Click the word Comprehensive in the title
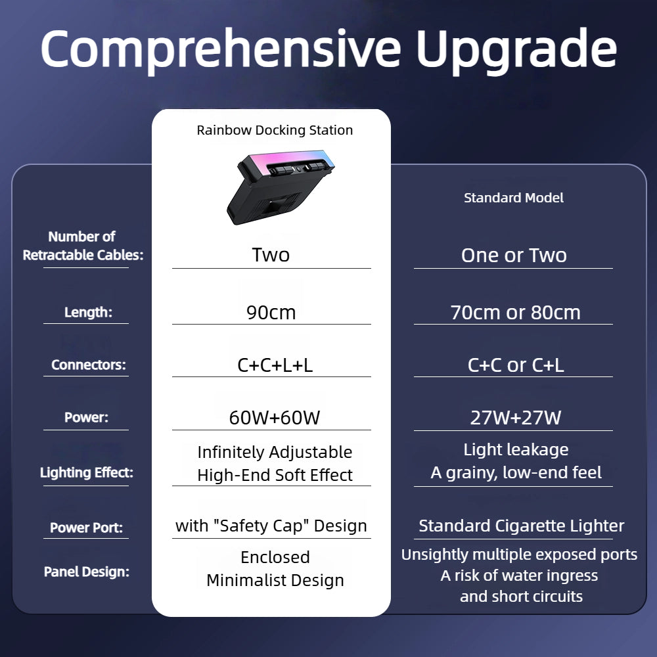point(220,49)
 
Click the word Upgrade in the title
point(517,49)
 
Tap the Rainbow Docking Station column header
point(275,130)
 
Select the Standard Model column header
point(514,198)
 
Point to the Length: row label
point(88,313)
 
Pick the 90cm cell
point(271,313)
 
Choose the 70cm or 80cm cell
point(515,313)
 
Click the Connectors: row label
point(88,365)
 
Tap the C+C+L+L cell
point(275,365)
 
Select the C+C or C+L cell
point(515,365)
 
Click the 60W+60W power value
point(275,418)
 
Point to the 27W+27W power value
point(515,418)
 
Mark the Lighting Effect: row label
point(86,472)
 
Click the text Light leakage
point(516,450)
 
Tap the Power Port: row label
point(86,528)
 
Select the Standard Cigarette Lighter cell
point(522,526)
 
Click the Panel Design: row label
point(86,572)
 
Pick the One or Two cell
point(514,256)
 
